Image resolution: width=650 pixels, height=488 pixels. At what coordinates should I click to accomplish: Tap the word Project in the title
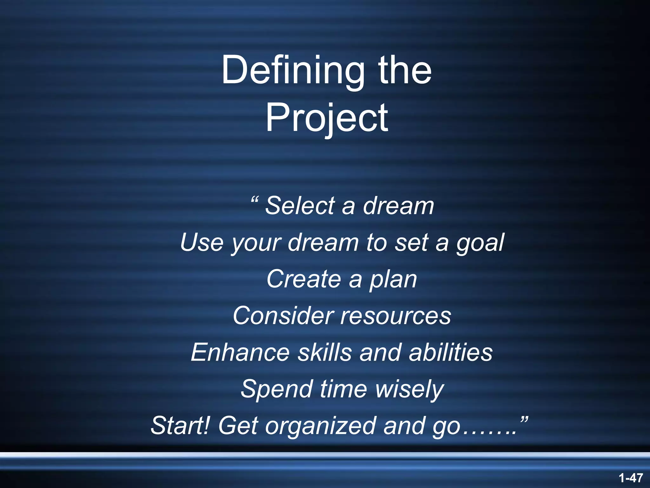coord(327,118)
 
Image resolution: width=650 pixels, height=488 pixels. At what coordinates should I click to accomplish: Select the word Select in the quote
coord(300,206)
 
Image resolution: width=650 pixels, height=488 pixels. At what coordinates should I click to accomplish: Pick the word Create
coord(304,279)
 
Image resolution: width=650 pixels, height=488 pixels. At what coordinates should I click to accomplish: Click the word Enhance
coord(240,352)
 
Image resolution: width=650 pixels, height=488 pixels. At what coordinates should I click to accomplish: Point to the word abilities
coord(450,352)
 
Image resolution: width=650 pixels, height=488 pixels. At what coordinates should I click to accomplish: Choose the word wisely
coord(409,390)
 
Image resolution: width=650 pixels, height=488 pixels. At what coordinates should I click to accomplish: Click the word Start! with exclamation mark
coord(180,426)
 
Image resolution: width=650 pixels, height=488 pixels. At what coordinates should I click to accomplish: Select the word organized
coord(320,427)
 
